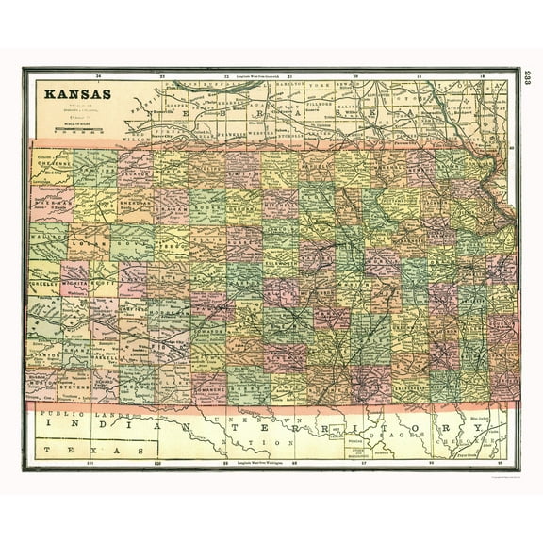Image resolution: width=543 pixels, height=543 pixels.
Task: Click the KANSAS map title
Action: [x=75, y=94]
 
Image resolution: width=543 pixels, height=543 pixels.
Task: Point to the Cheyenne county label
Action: [x=51, y=161]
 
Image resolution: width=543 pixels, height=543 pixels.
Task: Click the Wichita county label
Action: [x=75, y=280]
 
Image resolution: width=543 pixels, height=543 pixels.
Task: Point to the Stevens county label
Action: [x=75, y=386]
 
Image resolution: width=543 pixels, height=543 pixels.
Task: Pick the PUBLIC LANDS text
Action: [x=71, y=413]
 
